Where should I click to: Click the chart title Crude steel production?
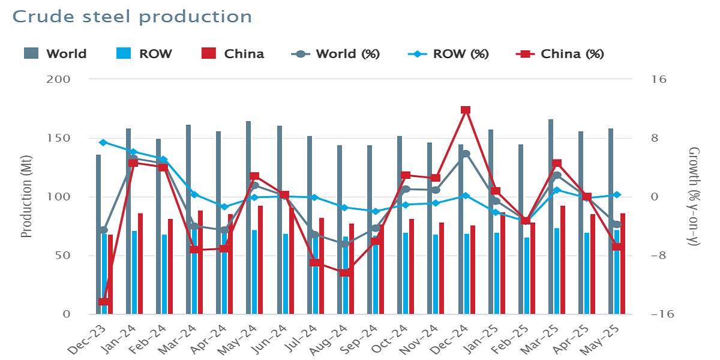click(132, 16)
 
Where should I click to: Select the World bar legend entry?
click(55, 54)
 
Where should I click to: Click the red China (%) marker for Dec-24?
click(466, 110)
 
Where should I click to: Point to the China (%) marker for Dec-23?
click(104, 302)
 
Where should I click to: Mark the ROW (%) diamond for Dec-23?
click(104, 142)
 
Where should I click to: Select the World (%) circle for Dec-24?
click(466, 154)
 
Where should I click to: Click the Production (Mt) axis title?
click(26, 197)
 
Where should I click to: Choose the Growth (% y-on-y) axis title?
click(694, 197)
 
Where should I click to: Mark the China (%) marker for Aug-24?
click(345, 273)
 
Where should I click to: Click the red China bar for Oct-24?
click(412, 266)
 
